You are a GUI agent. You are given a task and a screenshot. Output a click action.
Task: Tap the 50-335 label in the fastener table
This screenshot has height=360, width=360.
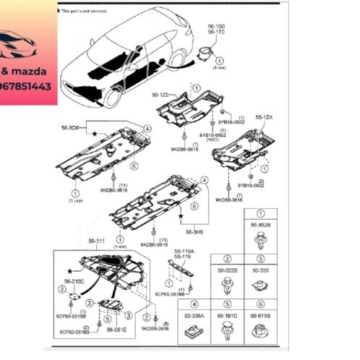pyautogui.click(x=260, y=269)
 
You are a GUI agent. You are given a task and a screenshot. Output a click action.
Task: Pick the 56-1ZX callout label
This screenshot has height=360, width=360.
pyautogui.click(x=265, y=117)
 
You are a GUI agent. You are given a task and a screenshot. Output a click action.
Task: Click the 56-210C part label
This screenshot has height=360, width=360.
pyautogui.click(x=74, y=280)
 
